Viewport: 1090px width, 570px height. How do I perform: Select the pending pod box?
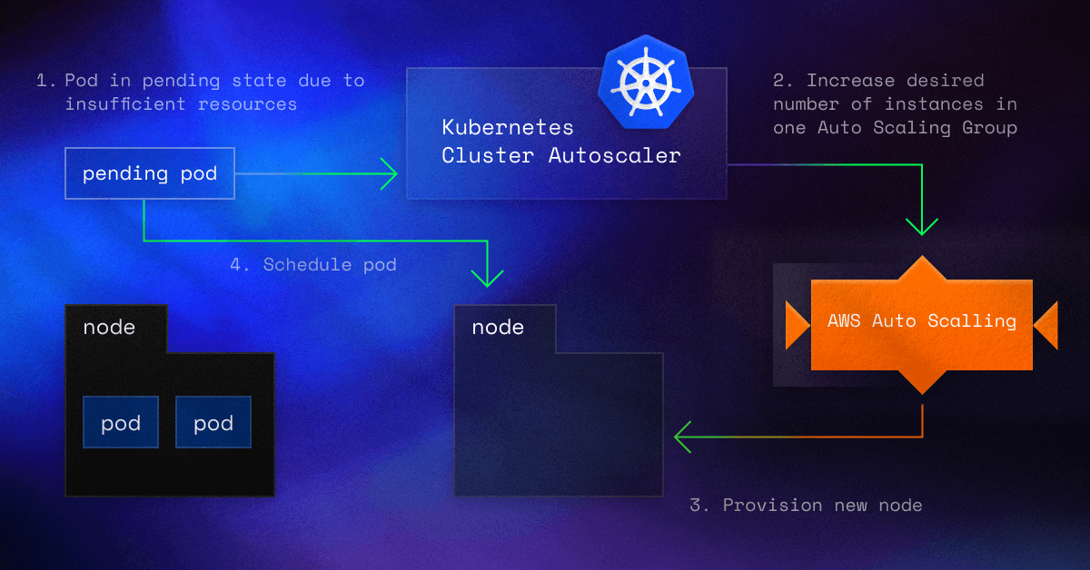coord(150,173)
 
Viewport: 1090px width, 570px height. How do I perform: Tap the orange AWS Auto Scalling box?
coord(921,321)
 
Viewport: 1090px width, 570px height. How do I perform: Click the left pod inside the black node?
coord(121,422)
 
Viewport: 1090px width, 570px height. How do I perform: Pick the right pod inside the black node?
coord(213,422)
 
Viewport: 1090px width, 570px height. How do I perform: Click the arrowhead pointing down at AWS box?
coord(922,226)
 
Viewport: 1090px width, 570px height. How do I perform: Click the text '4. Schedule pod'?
coord(313,265)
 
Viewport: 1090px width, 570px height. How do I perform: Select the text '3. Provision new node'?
coord(806,505)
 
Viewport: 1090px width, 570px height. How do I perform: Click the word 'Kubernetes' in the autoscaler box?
coord(508,126)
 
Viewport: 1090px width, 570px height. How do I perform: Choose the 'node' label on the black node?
coord(109,327)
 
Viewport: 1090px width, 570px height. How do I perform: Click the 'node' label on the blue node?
coord(498,327)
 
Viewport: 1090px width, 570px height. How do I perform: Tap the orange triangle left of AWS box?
coord(797,325)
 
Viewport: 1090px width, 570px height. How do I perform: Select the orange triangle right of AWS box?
coord(1046,325)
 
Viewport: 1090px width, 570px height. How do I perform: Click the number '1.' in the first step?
coord(45,81)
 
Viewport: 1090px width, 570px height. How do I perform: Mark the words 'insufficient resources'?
coord(181,104)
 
